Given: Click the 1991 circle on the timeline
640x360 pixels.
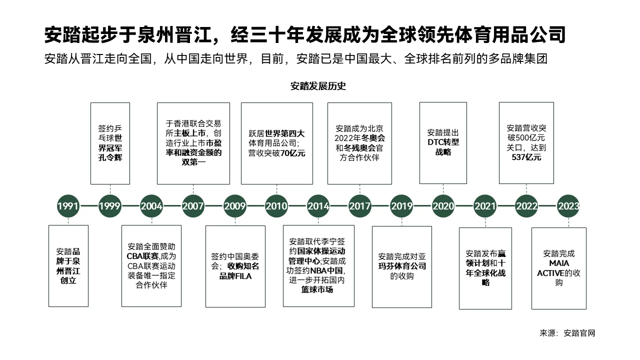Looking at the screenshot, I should pyautogui.click(x=68, y=205).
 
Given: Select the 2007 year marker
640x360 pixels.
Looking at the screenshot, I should pyautogui.click(x=193, y=205).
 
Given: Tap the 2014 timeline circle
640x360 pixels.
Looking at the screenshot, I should pyautogui.click(x=318, y=205).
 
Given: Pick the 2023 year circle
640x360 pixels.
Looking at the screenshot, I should pyautogui.click(x=568, y=205).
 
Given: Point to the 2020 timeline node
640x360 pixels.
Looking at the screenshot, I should pyautogui.click(x=443, y=205).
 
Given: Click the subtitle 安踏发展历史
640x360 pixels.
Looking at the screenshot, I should pyautogui.click(x=318, y=85).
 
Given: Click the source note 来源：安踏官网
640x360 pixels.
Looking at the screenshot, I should pyautogui.click(x=567, y=333).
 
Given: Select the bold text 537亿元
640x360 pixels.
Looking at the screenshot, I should pyautogui.click(x=526, y=157).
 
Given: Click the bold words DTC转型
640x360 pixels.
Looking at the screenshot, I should pyautogui.click(x=443, y=142).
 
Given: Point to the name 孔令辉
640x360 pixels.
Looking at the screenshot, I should pyautogui.click(x=110, y=157).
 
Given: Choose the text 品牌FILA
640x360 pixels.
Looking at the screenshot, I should pyautogui.click(x=235, y=275).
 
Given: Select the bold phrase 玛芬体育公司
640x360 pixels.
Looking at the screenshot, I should pyautogui.click(x=402, y=266).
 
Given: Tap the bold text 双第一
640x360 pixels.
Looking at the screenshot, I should pyautogui.click(x=193, y=162).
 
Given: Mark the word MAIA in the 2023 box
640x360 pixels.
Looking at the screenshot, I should pyautogui.click(x=559, y=263).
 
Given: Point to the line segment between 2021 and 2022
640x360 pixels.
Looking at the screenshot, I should pyautogui.click(x=506, y=205).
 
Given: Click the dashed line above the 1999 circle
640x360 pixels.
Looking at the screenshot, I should pyautogui.click(x=110, y=188).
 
